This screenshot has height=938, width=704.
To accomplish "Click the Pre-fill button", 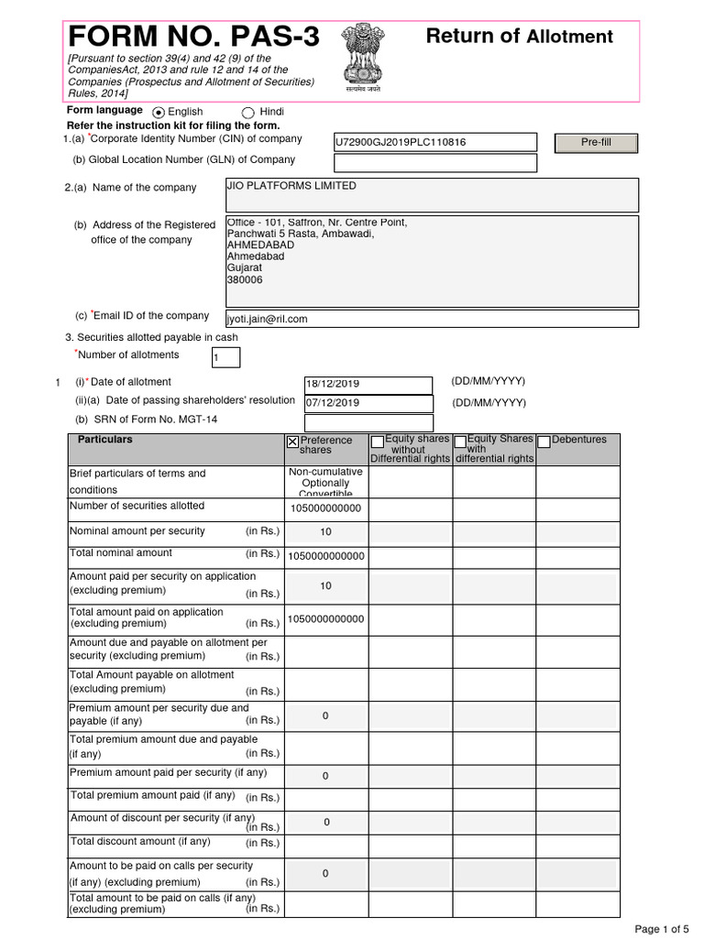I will (x=596, y=142).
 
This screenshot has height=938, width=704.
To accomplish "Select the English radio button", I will (x=159, y=112).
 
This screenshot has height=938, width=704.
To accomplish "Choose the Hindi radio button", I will (x=247, y=112).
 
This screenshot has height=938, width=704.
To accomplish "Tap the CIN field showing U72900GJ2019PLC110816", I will (x=435, y=142).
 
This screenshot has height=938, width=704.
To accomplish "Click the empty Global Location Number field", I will (x=435, y=163).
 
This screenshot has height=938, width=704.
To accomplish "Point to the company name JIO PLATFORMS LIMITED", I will (x=291, y=186).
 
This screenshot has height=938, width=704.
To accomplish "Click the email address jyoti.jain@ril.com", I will (x=267, y=319).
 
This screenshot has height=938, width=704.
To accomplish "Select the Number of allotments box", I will (x=225, y=357).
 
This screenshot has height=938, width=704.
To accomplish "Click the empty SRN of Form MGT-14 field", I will (x=368, y=422).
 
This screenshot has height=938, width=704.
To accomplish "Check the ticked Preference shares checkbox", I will (x=292, y=442).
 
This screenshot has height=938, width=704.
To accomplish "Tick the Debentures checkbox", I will (x=544, y=442).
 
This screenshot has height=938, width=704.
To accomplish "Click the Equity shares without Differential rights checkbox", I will (x=377, y=442).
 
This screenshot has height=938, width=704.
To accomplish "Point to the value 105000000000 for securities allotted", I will (x=325, y=509).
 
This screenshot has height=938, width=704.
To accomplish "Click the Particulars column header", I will (x=105, y=440).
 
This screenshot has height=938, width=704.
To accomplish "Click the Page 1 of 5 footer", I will (x=660, y=929).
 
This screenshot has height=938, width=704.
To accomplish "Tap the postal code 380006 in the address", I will (x=244, y=280).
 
